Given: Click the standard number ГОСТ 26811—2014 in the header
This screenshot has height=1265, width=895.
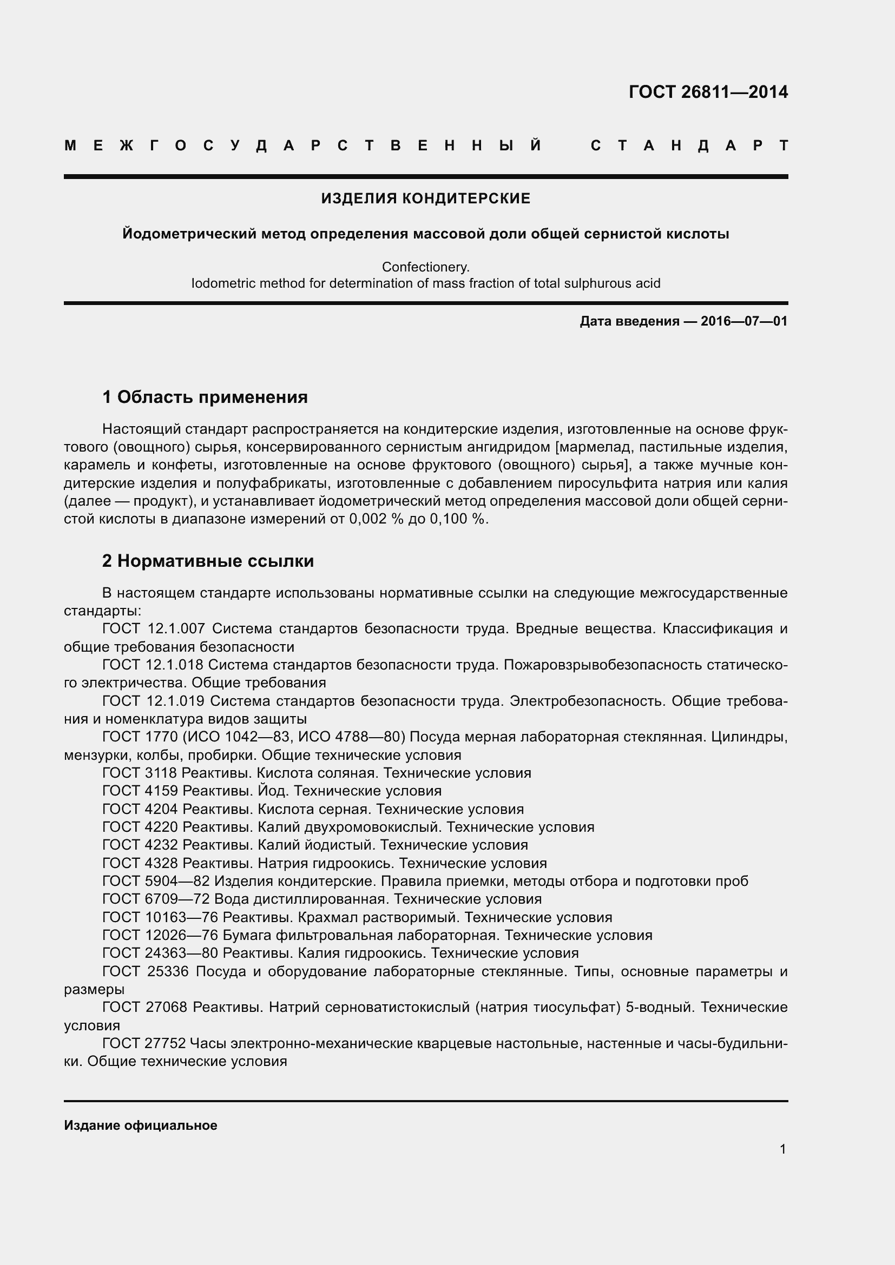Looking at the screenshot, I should click(708, 92).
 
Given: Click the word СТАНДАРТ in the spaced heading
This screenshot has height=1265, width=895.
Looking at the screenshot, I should click(689, 146).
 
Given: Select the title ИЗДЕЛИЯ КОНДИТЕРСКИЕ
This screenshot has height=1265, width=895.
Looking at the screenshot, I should click(425, 198).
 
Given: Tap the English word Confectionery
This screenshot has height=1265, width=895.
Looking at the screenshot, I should click(425, 267).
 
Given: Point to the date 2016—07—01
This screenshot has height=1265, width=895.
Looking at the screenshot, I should click(743, 321).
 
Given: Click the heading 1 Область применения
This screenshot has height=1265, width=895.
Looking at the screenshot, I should click(205, 398).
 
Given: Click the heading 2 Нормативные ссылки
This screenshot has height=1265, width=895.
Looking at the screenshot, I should click(208, 561).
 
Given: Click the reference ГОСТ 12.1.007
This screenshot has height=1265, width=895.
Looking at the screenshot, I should click(154, 628).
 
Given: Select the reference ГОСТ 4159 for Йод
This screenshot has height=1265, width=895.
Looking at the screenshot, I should click(140, 791).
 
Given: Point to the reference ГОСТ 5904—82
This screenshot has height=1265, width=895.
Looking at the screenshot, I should click(156, 881).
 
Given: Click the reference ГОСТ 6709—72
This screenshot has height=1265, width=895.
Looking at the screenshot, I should click(156, 899).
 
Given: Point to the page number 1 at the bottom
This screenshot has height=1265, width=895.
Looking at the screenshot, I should click(782, 1149).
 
